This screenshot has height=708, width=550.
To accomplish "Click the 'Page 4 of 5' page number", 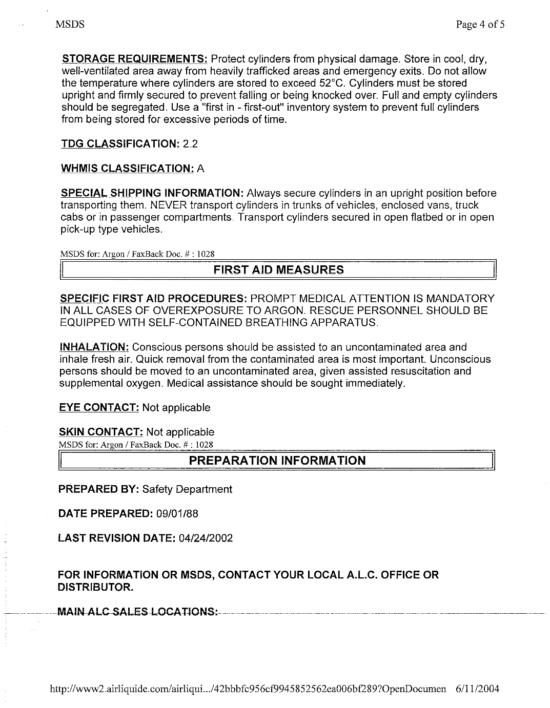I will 480,25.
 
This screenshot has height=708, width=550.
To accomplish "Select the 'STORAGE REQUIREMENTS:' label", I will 134,59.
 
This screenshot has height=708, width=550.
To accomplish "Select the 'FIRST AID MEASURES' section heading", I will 278,270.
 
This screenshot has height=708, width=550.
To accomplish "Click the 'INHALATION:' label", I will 94,347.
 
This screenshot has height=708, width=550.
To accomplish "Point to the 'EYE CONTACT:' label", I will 99,408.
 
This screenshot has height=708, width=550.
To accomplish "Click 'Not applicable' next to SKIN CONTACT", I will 180,432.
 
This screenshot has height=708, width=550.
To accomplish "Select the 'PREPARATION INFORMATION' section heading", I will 277,461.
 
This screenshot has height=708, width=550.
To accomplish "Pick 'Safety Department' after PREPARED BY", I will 187,489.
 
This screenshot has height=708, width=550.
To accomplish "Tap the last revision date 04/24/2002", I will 204,538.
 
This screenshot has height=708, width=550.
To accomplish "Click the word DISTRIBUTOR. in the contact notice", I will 96,587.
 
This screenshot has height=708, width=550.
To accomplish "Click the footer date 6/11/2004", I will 477,689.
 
